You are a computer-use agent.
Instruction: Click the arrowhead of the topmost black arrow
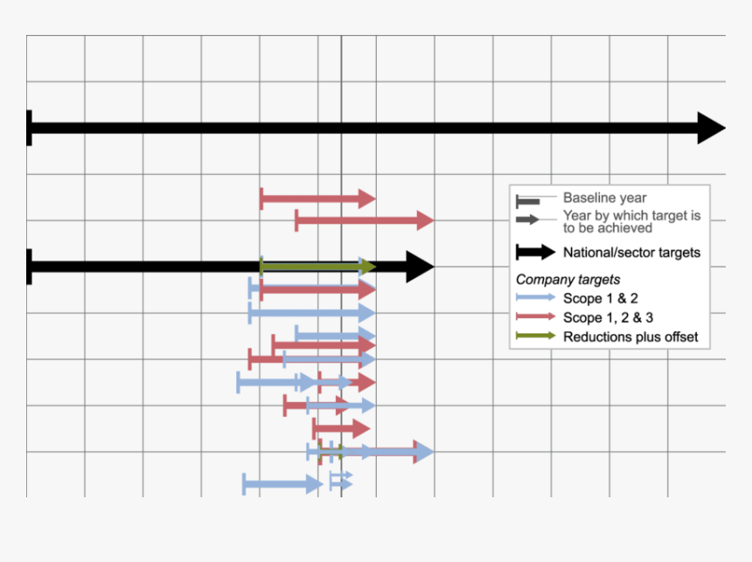pos(710,128)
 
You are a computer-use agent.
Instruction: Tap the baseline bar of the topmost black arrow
pos(30,128)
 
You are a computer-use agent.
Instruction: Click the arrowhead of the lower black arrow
pos(420,267)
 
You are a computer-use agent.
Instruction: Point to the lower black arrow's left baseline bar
pos(30,267)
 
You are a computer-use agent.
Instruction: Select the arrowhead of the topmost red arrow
pos(366,199)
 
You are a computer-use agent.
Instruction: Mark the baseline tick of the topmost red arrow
pos(261,199)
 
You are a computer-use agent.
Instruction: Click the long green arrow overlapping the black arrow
pos(315,267)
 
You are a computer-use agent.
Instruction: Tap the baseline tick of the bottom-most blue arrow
pos(244,484)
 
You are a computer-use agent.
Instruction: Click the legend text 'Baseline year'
pos(604,198)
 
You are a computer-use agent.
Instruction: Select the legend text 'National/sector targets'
pos(631,253)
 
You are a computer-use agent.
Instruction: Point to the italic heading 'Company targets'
pos(567,280)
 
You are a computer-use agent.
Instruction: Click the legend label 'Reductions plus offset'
pos(630,337)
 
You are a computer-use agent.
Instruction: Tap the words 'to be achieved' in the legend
pos(607,228)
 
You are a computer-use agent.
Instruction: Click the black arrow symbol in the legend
pos(535,253)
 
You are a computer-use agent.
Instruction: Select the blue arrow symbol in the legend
pos(535,298)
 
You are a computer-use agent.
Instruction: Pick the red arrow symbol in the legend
pos(535,317)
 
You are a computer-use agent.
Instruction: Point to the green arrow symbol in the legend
pos(535,337)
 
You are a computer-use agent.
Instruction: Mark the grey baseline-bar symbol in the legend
pos(528,200)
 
